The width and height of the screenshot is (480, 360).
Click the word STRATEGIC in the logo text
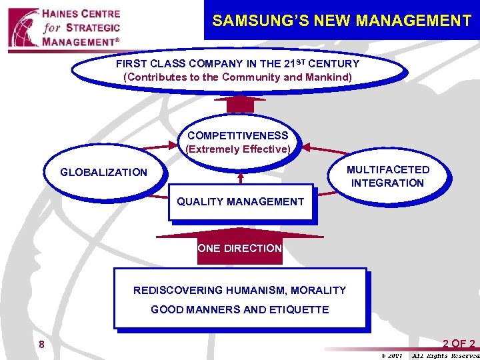click(x=93, y=28)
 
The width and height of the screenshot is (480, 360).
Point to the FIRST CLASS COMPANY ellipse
click(x=237, y=71)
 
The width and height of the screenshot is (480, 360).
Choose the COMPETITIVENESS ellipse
click(x=237, y=143)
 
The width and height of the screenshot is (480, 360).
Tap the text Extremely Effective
click(x=237, y=149)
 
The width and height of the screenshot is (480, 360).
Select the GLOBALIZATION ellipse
click(x=103, y=173)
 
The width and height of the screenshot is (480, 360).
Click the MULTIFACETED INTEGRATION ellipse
click(x=387, y=176)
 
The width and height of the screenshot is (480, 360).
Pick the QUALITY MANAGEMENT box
click(x=240, y=202)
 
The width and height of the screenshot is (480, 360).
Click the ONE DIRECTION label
click(x=240, y=249)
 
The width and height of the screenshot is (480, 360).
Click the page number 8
click(x=41, y=345)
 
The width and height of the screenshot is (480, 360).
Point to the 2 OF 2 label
click(x=459, y=344)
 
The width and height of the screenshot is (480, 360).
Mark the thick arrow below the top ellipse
click(x=240, y=104)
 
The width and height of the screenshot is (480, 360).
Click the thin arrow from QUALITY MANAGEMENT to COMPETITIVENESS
click(x=240, y=177)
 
